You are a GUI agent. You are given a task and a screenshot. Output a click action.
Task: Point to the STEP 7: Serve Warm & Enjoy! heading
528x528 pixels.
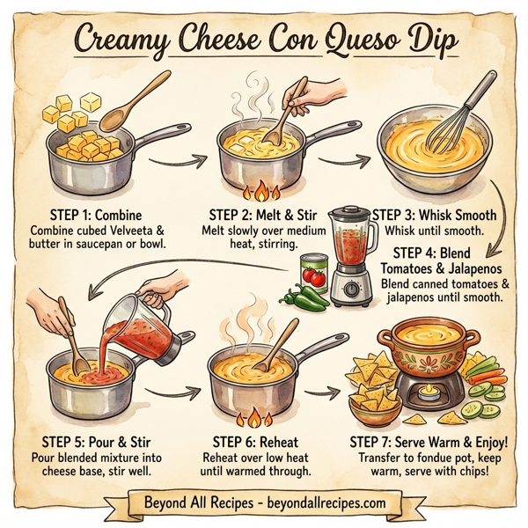pyautogui.click(x=429, y=441)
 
